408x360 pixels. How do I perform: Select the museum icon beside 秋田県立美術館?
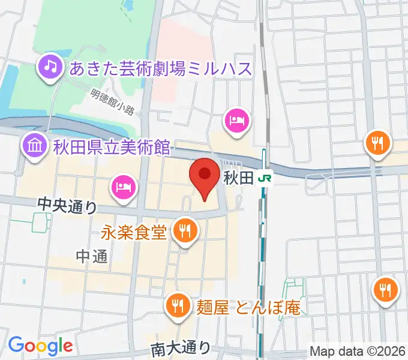point(34,145)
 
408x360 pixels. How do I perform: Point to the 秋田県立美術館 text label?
point(112,146)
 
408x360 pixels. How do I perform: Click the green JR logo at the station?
point(264,178)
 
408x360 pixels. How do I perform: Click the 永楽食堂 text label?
point(134,232)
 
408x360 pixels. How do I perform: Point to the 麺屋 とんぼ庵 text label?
point(248,307)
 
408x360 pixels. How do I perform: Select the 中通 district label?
point(92,257)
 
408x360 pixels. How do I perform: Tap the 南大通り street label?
point(181,347)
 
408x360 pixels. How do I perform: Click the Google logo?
point(40,346)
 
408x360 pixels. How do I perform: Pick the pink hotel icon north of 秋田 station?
point(236,120)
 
